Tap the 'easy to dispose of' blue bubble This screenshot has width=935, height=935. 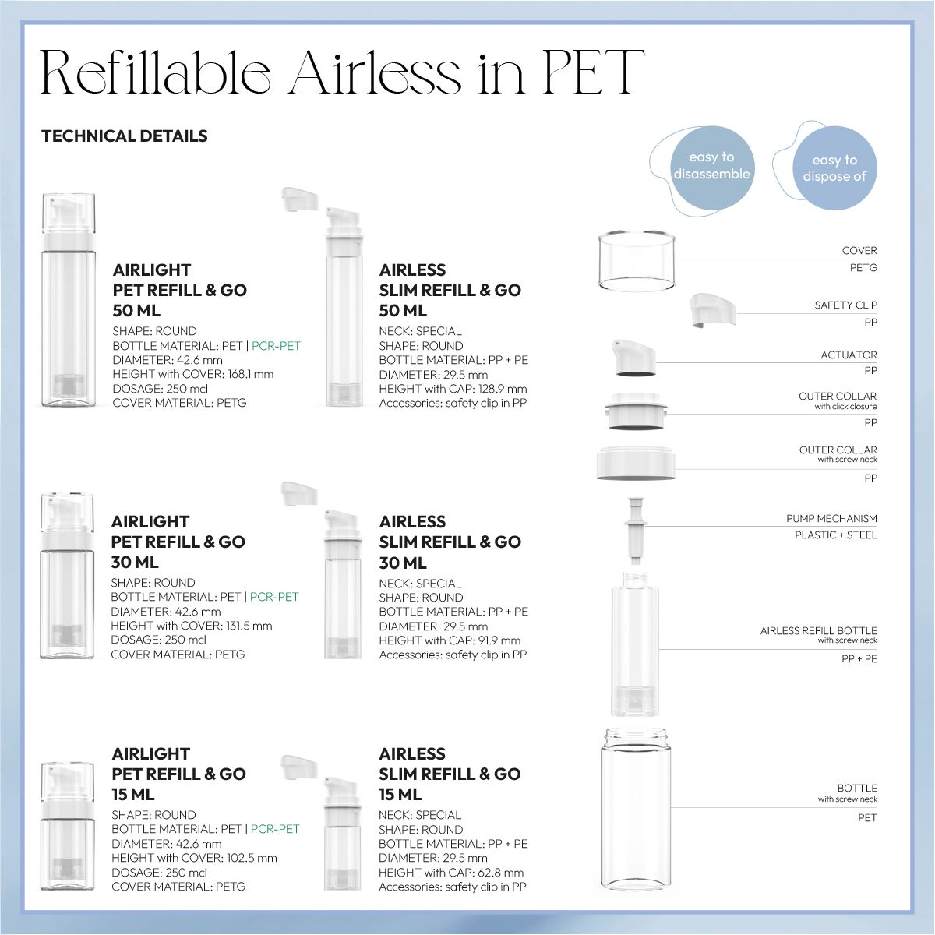coord(834,168)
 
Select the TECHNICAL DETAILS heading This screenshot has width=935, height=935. coord(124,136)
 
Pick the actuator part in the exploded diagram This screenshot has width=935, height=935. coord(633,359)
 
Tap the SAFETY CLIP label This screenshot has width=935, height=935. coord(845,305)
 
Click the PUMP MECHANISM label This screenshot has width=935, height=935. coord(831,519)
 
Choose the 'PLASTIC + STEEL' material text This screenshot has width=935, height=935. coord(835,535)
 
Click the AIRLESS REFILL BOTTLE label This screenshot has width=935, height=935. coord(818,631)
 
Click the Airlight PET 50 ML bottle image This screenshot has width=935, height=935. coord(68,300)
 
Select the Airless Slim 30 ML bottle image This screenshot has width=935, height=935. coord(342,584)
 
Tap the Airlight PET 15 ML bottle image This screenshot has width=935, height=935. coord(68,826)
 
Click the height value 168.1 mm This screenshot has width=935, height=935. coord(250,374)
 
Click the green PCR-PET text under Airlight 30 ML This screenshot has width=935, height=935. coord(274,597)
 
